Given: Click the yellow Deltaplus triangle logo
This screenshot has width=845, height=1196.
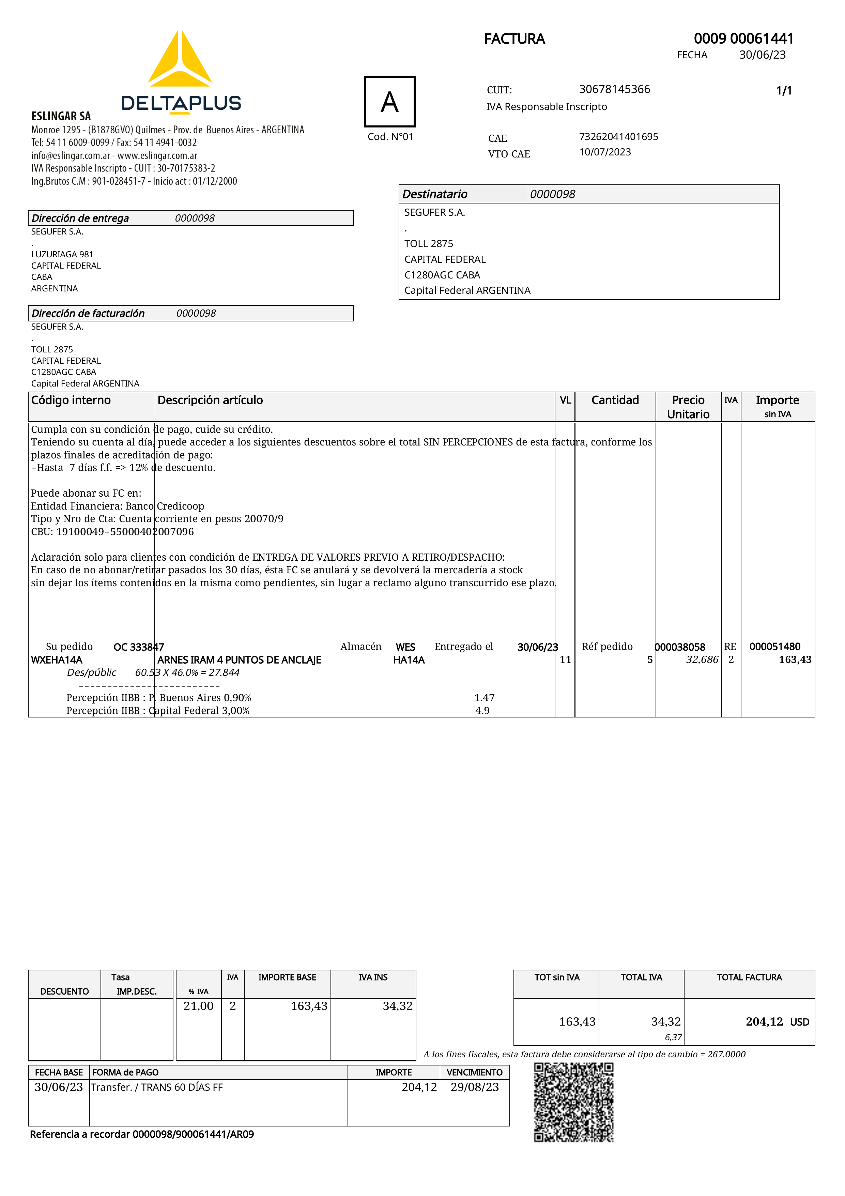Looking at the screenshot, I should point(180,60).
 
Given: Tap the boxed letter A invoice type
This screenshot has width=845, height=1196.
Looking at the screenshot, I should point(389,102).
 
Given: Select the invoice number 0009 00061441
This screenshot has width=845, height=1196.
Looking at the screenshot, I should point(743,39).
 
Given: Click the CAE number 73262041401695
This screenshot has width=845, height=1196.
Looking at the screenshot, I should point(618,136).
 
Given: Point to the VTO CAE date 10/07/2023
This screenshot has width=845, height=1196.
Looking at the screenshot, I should point(605,152).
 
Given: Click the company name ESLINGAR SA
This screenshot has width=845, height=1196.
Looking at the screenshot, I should point(61,116).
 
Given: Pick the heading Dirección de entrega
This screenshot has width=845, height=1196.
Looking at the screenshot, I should point(80,218).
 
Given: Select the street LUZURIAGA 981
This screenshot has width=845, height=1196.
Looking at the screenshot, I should point(62,254).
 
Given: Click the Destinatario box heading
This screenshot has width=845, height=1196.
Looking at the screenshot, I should point(435,194).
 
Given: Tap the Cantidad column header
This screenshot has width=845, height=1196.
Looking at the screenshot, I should point(615,400).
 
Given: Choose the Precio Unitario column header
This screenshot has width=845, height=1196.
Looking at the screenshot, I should point(688,407).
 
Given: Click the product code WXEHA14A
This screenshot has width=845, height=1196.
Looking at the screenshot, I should point(57,660).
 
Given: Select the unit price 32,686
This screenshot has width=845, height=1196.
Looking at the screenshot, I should point(702,660).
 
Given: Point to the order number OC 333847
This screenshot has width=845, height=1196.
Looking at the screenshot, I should point(138,647).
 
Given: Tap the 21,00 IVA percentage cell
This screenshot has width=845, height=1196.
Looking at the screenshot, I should point(198,1006).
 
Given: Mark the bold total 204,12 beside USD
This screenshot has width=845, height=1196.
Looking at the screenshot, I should point(764,1021).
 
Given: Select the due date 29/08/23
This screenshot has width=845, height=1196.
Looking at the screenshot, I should point(474,1087).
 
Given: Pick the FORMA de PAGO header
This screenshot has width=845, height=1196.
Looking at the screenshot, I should point(125,1072).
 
